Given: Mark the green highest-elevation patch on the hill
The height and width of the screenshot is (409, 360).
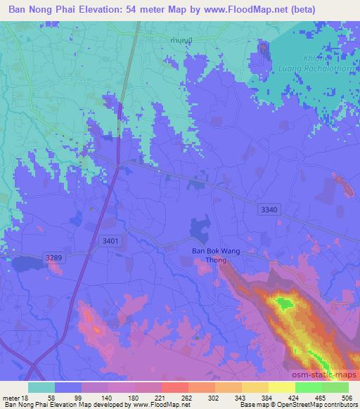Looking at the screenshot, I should (284, 304).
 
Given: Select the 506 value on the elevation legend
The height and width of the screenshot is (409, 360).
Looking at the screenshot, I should (346, 397).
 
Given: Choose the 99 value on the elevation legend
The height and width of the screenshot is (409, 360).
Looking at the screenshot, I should (77, 397).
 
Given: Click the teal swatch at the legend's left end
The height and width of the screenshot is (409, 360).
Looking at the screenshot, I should (41, 387).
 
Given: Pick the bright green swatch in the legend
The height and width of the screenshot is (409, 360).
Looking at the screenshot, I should (309, 387).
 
